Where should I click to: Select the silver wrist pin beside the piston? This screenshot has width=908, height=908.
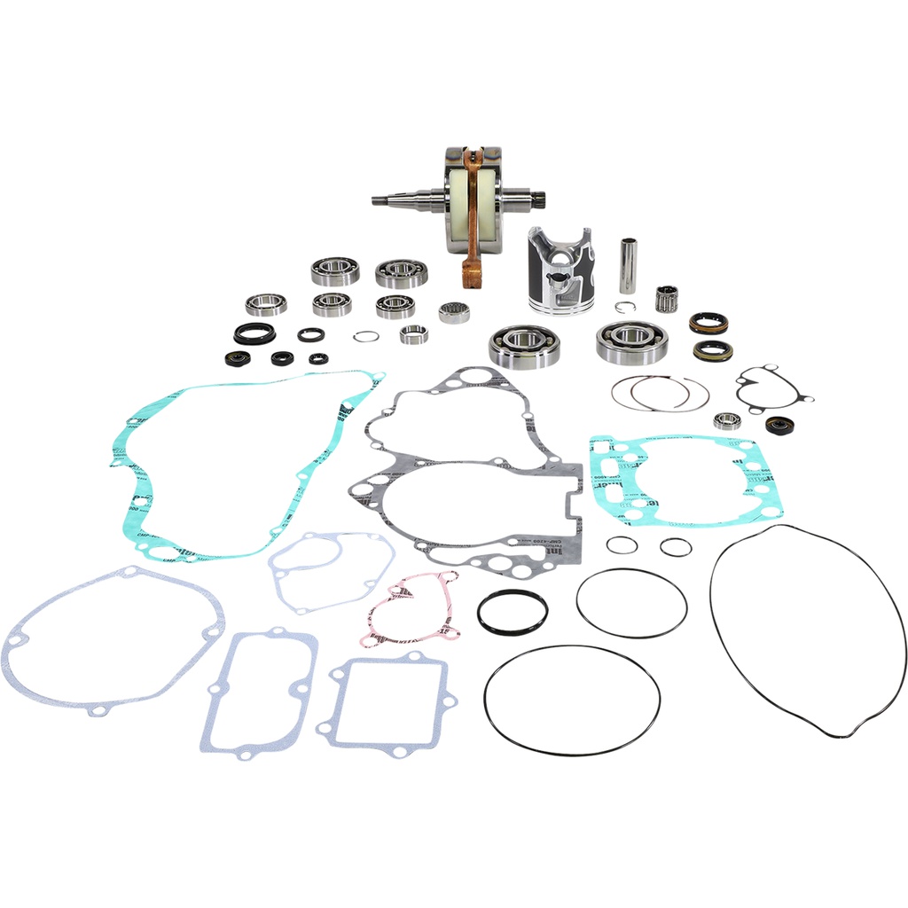pyautogui.click(x=628, y=265)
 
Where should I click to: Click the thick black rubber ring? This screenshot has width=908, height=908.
pyautogui.click(x=513, y=611)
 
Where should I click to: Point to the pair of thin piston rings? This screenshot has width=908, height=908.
pyautogui.click(x=659, y=393)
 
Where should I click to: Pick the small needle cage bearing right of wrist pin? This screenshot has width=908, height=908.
pyautogui.click(x=667, y=299)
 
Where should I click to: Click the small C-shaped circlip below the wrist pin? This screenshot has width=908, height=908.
pyautogui.click(x=626, y=309)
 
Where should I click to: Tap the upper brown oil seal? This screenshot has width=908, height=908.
pyautogui.click(x=708, y=323)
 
